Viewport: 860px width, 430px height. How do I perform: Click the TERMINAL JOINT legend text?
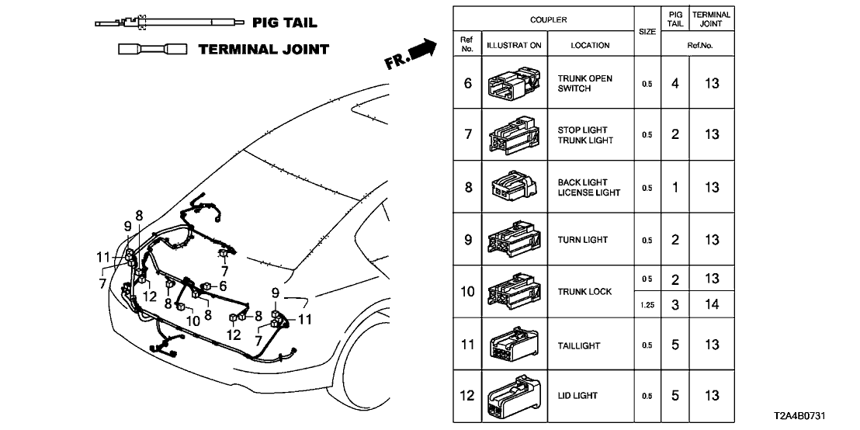point(264,50)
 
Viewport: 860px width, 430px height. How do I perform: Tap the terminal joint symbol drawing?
point(151,50)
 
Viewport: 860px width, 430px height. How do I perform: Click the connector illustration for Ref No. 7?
point(514,136)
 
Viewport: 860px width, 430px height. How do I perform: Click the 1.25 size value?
point(647,305)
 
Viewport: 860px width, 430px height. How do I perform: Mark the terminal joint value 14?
point(712,305)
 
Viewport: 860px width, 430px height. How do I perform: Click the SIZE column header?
point(647,32)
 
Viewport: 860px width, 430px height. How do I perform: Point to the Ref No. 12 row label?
point(467,396)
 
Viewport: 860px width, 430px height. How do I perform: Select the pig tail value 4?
point(675,84)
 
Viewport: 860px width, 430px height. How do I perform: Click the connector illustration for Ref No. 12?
point(514,396)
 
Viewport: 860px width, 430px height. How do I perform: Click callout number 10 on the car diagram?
point(192,320)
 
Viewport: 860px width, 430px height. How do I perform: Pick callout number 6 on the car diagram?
point(223,286)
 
